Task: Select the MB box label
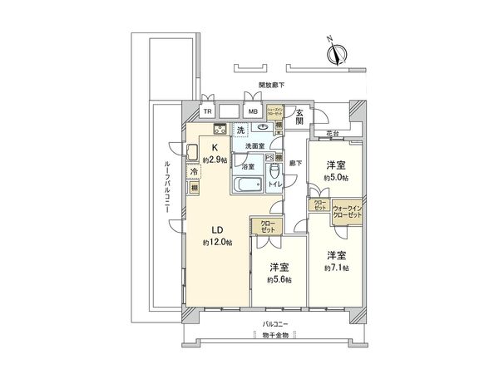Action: pyautogui.click(x=251, y=111)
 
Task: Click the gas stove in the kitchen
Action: pyautogui.click(x=220, y=128)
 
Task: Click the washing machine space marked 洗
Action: pyautogui.click(x=240, y=130)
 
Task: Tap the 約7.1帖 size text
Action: pyautogui.click(x=337, y=268)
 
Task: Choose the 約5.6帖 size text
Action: pyautogui.click(x=279, y=281)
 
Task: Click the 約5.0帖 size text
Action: pyautogui.click(x=337, y=178)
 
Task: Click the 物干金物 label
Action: pyautogui.click(x=274, y=335)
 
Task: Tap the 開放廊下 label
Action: pyautogui.click(x=272, y=85)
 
